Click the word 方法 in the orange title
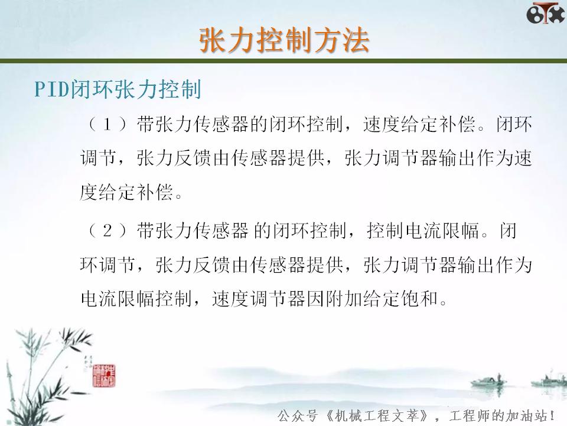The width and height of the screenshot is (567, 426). point(341,40)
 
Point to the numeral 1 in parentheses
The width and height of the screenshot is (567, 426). point(107,125)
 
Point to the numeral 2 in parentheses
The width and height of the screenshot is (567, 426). point(107,231)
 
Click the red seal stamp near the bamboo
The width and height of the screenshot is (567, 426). point(105,373)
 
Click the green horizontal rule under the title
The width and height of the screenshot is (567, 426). point(283,61)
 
